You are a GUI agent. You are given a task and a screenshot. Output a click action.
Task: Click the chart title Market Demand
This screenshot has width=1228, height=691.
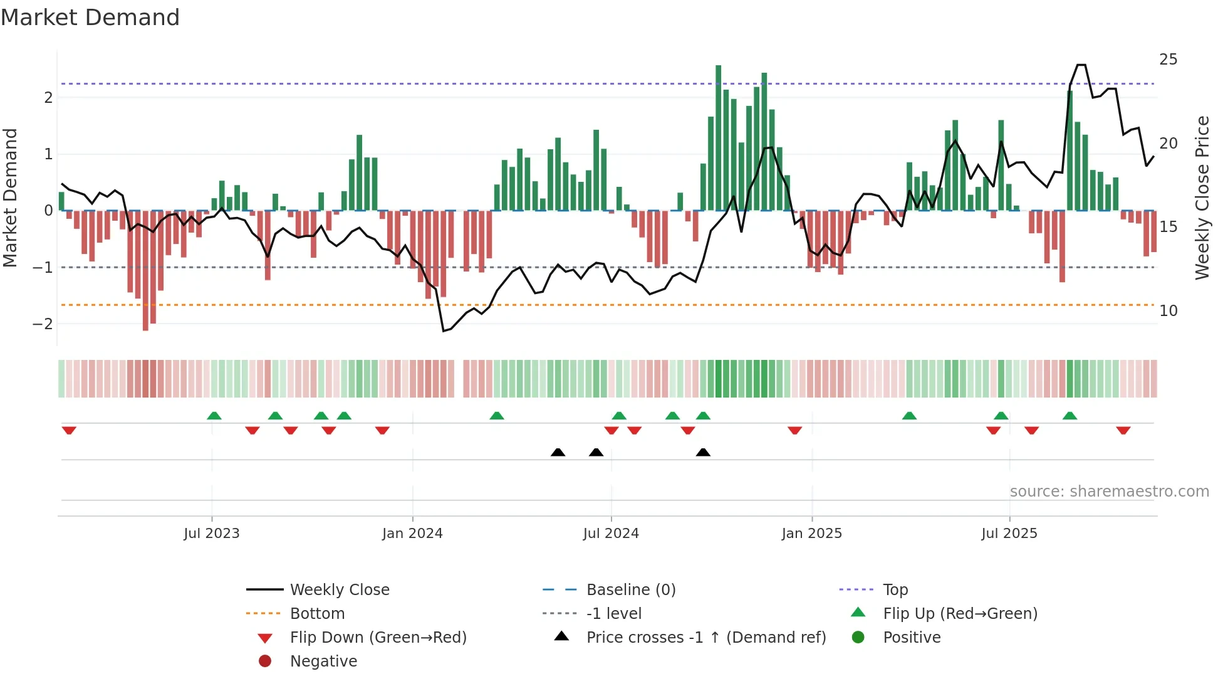90,18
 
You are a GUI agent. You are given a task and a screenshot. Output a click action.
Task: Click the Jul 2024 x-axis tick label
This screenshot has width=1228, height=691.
611,534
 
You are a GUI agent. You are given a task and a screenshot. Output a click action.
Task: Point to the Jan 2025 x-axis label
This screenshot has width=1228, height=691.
812,534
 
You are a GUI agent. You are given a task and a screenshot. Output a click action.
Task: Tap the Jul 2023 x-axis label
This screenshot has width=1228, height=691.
212,534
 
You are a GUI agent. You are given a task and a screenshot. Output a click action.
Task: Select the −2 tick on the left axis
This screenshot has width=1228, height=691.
43,324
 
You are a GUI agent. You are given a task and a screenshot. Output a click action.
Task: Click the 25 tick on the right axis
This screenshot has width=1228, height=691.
1168,60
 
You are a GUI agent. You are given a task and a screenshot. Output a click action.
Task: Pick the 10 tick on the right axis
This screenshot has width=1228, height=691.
1168,311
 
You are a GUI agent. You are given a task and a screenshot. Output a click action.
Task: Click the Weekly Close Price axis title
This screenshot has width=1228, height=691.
1202,198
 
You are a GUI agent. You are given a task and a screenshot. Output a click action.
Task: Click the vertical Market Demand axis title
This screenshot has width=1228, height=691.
10,198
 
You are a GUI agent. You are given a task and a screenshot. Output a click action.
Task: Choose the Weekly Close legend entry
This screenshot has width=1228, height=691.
339,590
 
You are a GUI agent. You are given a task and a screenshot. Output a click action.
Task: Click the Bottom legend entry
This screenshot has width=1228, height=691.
317,614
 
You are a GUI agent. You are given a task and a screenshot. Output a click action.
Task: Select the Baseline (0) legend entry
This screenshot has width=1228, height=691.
630,590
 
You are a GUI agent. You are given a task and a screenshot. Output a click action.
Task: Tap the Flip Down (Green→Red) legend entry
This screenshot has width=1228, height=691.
378,638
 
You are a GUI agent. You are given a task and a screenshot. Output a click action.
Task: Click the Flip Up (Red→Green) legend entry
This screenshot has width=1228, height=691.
960,614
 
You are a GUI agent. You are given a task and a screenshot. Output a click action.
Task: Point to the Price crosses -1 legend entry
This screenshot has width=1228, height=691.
705,638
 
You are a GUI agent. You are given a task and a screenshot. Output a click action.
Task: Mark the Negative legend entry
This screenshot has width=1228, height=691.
323,662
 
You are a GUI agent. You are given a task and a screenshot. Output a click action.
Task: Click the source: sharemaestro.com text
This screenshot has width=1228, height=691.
1109,492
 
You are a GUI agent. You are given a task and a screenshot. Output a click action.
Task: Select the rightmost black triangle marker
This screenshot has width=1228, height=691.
703,452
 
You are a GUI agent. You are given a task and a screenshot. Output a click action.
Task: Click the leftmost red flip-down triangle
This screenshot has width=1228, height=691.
69,430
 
